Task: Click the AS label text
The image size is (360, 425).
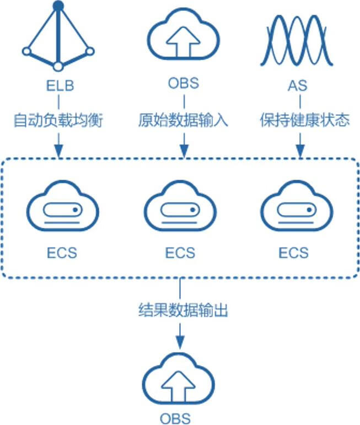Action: coord(300,86)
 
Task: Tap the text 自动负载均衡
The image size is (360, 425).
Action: coord(58,121)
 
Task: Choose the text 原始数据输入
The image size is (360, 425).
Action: coord(182,121)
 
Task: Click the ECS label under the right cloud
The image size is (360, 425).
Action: coord(294,252)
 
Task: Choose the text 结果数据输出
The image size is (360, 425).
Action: coord(182,311)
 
